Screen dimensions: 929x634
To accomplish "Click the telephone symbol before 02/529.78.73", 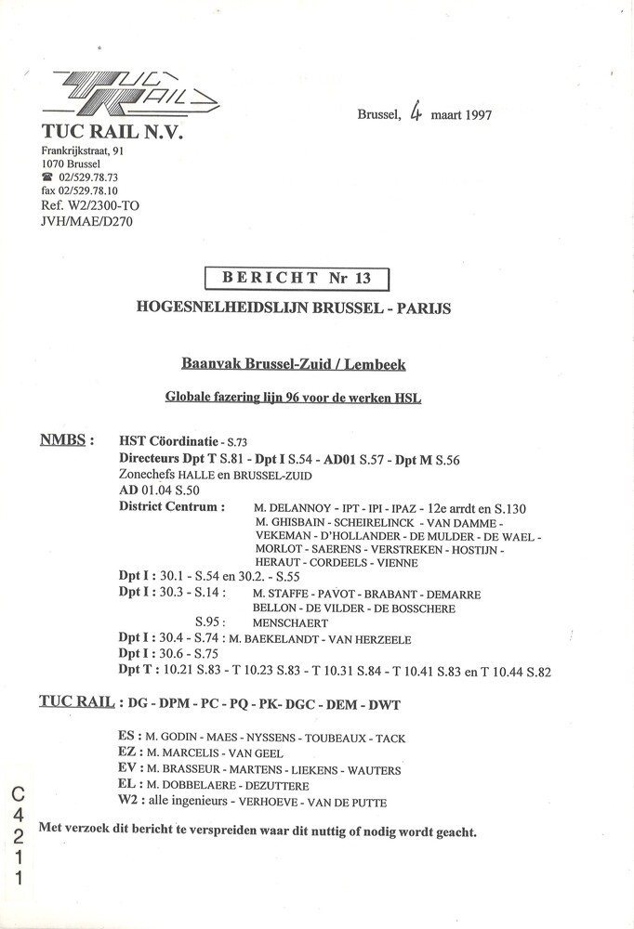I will tap(47, 177).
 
